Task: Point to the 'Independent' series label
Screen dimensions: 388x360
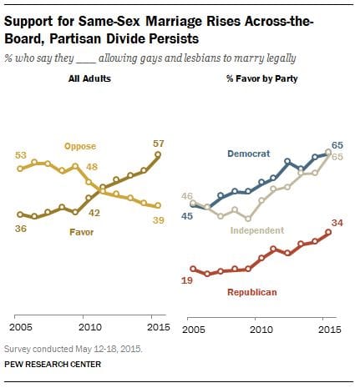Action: [x=257, y=230]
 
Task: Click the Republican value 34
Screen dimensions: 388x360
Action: [x=339, y=223]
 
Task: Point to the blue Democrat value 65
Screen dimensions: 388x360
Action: [x=338, y=144]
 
